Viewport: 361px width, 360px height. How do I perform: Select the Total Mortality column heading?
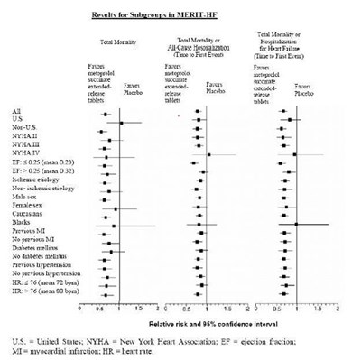[x=121, y=42]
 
